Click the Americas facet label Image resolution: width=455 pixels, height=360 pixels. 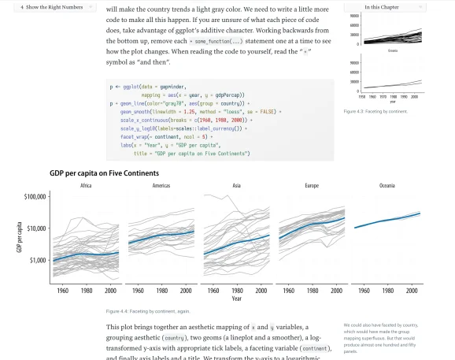click(161, 186)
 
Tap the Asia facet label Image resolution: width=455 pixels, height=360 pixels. click(236, 186)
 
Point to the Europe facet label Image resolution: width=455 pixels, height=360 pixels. click(312, 186)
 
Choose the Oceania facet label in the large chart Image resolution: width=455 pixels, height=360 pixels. click(387, 186)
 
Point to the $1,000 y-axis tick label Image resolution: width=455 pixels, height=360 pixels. click(39, 261)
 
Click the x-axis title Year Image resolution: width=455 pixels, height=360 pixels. click(236, 299)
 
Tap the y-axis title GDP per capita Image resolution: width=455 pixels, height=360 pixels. click(19, 237)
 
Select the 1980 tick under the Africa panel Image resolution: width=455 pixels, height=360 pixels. click(86, 290)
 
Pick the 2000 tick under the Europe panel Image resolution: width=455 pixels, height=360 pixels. click(336, 290)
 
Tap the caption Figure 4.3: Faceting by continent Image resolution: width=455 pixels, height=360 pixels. click(375, 111)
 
